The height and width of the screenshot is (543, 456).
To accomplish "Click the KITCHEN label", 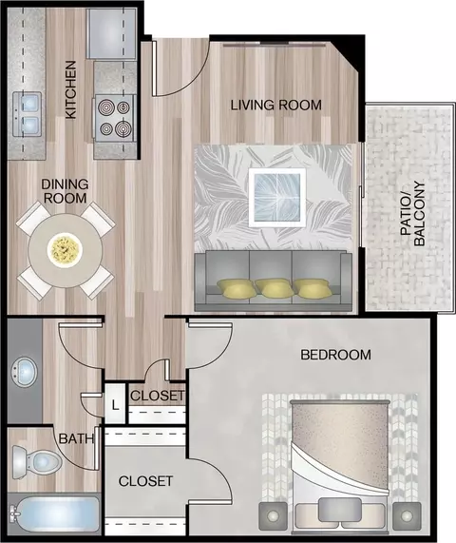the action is tap(71, 90).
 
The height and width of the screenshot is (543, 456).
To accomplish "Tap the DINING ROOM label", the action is tap(65, 191).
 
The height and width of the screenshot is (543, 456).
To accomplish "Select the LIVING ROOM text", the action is tap(276, 105).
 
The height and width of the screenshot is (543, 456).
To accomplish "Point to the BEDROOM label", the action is tap(335, 355).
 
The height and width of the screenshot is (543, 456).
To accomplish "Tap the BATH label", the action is tap(76, 438).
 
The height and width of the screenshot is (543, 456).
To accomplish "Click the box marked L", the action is tap(115, 403).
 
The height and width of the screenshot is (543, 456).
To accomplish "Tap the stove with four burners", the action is tap(114, 118).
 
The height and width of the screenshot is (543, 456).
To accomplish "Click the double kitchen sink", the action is tap(27, 114).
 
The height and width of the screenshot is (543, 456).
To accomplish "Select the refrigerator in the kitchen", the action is tap(111, 34).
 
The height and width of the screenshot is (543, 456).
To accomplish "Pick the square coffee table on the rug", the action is tap(277, 198).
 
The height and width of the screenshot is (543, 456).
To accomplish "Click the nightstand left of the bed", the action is tap(274, 516).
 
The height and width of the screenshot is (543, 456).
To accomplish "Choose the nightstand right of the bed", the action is tap(407, 516).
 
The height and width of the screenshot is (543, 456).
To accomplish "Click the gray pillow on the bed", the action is tap(339, 510).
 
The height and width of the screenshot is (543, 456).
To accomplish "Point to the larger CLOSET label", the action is tap(145, 481).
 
